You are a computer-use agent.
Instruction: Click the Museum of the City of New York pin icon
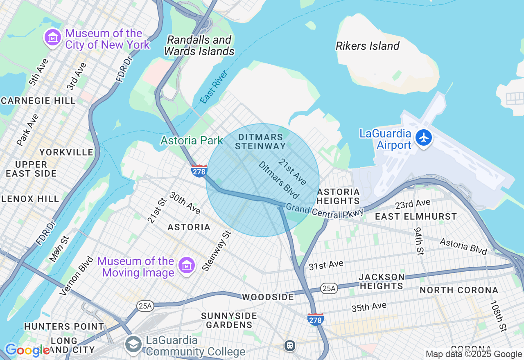(52, 38)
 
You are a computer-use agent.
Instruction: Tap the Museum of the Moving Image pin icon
(186, 266)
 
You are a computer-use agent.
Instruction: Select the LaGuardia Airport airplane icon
(424, 138)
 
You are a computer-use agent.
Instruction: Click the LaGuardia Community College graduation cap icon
(133, 344)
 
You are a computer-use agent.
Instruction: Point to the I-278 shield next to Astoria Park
(199, 171)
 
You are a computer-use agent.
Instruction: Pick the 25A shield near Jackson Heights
(329, 288)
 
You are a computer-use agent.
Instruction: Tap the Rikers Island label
(367, 46)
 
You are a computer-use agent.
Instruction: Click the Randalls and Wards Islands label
(199, 46)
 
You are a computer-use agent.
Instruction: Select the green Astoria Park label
(192, 141)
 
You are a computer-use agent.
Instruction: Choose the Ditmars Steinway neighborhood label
(260, 142)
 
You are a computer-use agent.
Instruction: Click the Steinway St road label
(217, 251)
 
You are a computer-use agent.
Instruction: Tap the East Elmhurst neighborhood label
(416, 217)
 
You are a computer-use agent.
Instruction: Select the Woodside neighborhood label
(268, 297)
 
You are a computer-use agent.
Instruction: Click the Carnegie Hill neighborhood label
(38, 101)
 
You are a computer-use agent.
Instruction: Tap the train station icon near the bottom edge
(290, 346)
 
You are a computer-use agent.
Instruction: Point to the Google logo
(27, 350)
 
